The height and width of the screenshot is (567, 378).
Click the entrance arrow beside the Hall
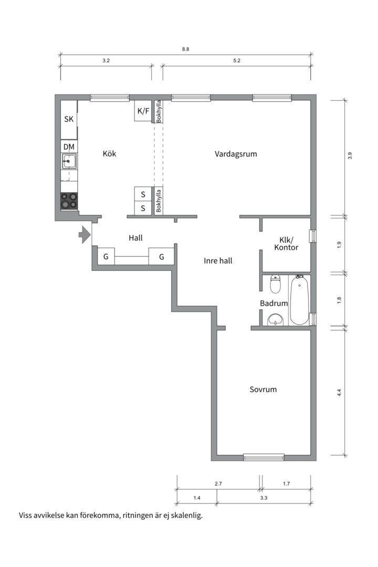click(85, 235)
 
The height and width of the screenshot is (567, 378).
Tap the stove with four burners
click(69, 201)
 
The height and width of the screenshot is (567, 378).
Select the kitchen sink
click(69, 161)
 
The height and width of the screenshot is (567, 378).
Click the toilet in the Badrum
click(276, 284)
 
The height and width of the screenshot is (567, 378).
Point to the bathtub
click(299, 300)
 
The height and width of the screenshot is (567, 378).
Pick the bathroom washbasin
click(275, 320)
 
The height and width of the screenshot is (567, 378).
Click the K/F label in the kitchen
click(143, 111)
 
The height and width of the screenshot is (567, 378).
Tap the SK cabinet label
click(69, 119)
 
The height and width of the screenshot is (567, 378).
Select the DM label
click(69, 147)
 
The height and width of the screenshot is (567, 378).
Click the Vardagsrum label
click(236, 154)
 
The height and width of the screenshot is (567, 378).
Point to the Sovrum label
click(263, 390)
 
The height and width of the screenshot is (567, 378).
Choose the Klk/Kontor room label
click(286, 244)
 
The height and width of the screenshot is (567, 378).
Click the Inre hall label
click(218, 261)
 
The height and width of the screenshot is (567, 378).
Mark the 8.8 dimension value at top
click(185, 49)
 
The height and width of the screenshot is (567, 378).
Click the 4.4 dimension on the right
click(339, 393)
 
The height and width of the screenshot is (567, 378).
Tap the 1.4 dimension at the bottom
click(197, 498)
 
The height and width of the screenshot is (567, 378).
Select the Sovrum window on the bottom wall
click(264, 457)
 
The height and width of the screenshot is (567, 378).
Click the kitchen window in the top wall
click(110, 98)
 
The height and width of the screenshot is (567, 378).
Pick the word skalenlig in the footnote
click(187, 516)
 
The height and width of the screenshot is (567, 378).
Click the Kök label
click(109, 154)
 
